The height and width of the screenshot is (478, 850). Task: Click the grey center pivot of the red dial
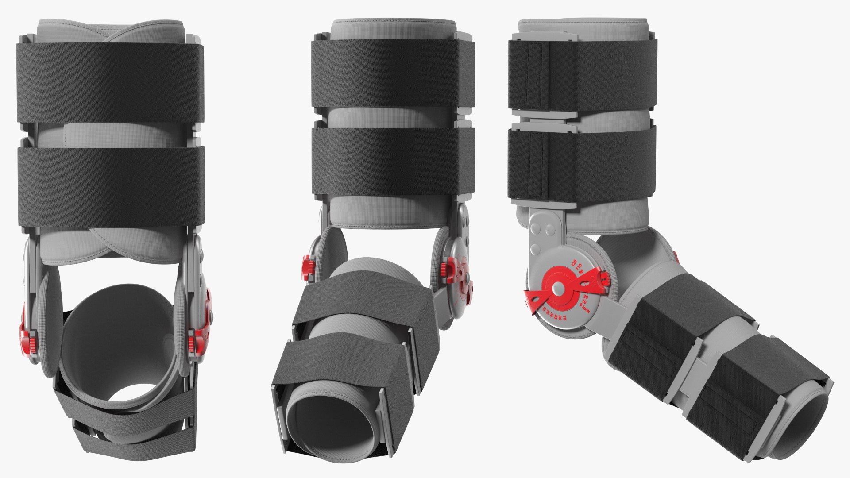558,289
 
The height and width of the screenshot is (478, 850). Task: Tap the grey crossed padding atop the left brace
111,32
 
